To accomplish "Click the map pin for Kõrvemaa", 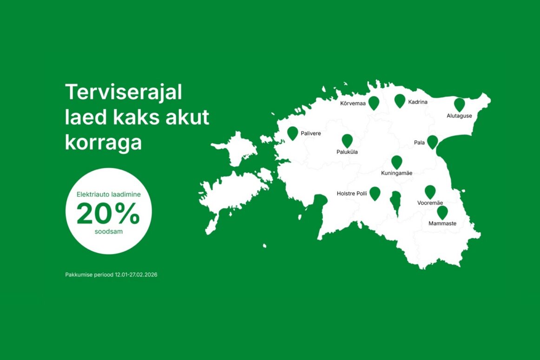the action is tap(374, 103).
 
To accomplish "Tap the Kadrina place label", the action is tap(417, 102).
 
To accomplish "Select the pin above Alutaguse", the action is tap(460, 105).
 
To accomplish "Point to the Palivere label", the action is tap(310, 133).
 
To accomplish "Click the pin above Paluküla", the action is tap(347, 141).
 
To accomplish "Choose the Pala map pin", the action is tap(432, 142).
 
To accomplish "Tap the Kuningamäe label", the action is tap(396, 173).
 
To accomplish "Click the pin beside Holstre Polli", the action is tap(375, 194).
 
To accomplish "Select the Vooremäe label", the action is tap(430, 203).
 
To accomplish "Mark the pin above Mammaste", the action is tap(442, 212).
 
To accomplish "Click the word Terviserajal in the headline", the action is tap(124, 92).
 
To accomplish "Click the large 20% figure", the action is tap(108, 213).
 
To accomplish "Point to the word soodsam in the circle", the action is tap(108, 232).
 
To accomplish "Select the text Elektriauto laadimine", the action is tap(108, 195).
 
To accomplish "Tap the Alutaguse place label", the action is tap(459, 116).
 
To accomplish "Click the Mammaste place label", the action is tap(442, 223).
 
